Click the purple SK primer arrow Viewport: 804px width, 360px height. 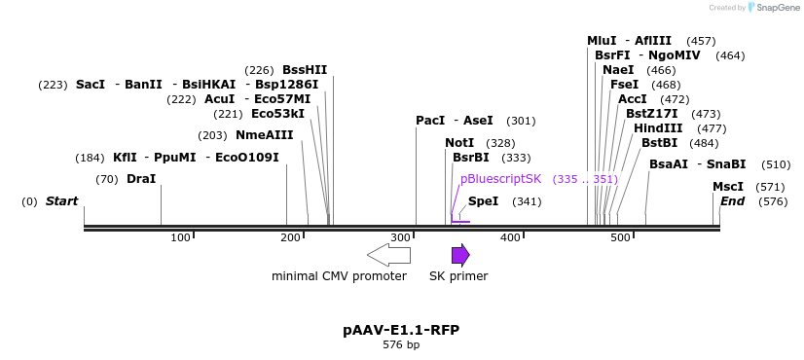coord(460,255)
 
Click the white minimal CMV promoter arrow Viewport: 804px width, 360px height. coord(388,255)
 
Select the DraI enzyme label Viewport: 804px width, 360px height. coord(140,179)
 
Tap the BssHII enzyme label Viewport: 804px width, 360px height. coord(305,70)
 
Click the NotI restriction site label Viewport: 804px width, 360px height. coord(459,143)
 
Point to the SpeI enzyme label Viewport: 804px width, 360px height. coord(483,201)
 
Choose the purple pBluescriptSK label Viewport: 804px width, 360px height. coord(500,179)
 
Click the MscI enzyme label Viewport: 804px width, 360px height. coord(727,187)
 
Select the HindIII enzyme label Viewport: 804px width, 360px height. coord(658,128)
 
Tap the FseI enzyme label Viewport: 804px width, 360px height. coord(624,85)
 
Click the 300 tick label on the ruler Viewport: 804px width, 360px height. coord(400,238)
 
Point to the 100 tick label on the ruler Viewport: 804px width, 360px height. coord(180,238)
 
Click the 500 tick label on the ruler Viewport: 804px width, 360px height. coord(620,238)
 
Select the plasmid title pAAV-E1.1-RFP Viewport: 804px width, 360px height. coord(401,330)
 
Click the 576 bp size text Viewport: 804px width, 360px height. coord(401,345)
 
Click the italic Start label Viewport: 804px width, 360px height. coord(61,201)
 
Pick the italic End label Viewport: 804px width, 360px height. coord(732,201)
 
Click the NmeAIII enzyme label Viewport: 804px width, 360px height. coord(264,135)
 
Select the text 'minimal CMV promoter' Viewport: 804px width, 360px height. coord(339,276)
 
